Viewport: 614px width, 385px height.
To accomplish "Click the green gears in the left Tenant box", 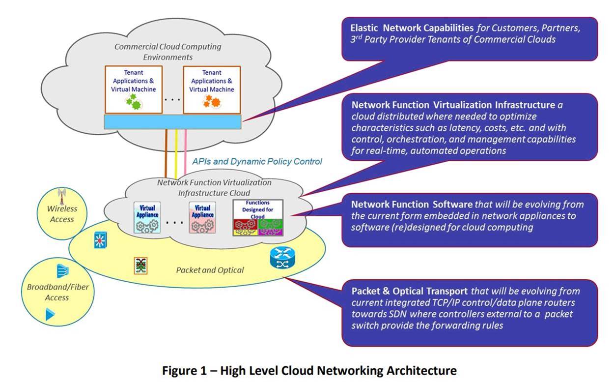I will (131, 102).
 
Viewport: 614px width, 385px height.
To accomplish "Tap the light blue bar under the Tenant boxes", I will (172, 120).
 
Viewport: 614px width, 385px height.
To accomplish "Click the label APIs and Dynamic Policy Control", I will (257, 161).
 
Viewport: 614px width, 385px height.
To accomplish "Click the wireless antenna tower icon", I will (62, 196).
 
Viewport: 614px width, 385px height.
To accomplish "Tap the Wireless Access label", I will (62, 214).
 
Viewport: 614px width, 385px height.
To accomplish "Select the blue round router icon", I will (282, 259).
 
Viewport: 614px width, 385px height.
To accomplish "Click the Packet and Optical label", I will (210, 270).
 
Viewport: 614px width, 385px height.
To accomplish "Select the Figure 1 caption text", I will (309, 370).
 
